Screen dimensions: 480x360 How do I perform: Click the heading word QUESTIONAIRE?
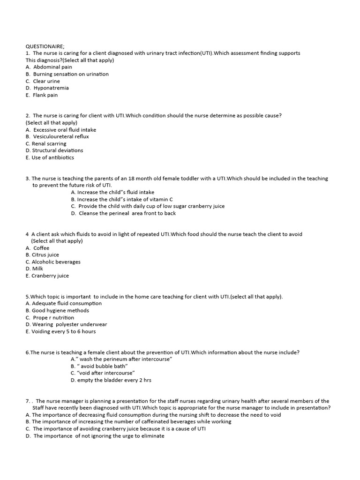click(x=45, y=46)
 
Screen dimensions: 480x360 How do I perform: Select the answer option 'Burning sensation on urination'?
click(x=70, y=74)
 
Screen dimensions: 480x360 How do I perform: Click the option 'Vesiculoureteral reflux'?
click(x=61, y=136)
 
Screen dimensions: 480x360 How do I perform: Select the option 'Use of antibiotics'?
click(x=52, y=157)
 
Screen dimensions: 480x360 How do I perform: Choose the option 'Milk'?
click(x=37, y=269)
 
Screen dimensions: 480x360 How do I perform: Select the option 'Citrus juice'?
click(x=45, y=255)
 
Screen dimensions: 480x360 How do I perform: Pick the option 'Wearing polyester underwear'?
click(x=69, y=324)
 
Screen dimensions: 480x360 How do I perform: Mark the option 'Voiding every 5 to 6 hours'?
click(x=63, y=331)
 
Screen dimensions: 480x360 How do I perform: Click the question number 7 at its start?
click(x=27, y=401)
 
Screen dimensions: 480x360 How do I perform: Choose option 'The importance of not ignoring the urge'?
click(x=98, y=435)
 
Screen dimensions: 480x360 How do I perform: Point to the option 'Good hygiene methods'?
click(x=60, y=310)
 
